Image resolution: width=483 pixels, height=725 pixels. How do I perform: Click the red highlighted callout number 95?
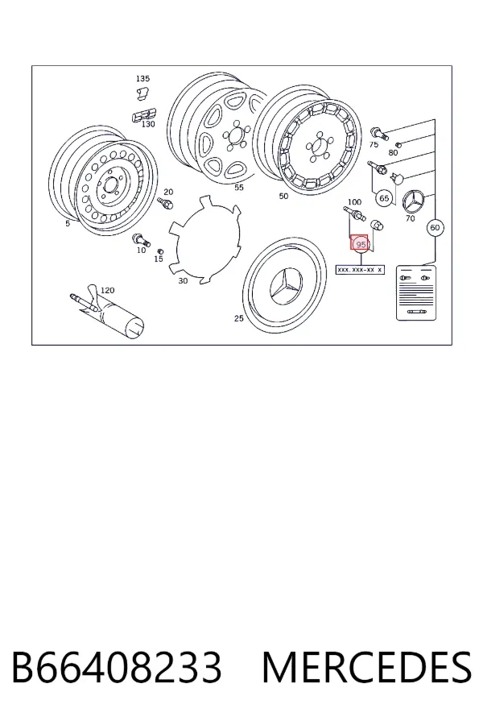pos(360,244)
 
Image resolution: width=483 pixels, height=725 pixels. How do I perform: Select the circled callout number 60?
pos(435,227)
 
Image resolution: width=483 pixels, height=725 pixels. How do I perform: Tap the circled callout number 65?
pos(384,198)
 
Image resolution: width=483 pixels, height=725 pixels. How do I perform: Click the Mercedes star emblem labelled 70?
pos(415,201)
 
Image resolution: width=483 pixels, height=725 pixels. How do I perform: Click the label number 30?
pos(183,280)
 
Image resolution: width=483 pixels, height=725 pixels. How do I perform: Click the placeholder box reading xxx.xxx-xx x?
pos(360,269)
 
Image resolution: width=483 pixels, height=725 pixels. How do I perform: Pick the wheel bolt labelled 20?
pos(165,202)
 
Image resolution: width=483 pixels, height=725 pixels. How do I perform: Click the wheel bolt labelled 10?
pos(141,239)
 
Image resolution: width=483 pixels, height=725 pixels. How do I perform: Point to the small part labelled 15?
pos(160,251)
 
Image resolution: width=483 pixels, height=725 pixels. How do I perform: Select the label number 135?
pos(142,79)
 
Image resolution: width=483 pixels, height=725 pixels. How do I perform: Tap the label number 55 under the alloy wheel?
pos(238,187)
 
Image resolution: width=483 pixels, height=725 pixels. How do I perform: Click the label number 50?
pos(283,196)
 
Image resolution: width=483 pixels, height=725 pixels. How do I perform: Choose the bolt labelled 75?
pos(379,133)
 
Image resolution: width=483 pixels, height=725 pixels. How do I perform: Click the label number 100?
pos(354,202)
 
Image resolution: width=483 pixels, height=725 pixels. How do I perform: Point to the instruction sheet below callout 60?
pos(416,292)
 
